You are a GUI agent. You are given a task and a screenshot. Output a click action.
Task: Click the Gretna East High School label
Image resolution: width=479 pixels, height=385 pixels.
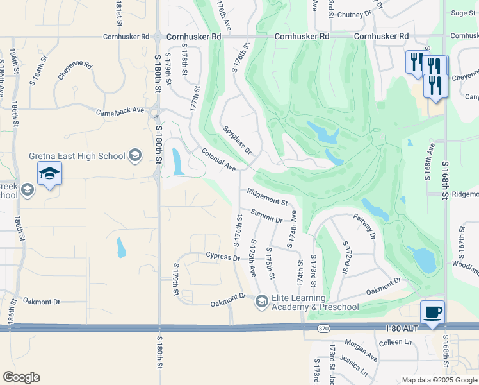(x=77, y=156)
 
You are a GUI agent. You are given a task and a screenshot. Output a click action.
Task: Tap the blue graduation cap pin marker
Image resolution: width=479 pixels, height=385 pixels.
(x=49, y=174)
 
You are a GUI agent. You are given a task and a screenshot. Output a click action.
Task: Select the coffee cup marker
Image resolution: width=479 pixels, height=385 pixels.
(x=432, y=312)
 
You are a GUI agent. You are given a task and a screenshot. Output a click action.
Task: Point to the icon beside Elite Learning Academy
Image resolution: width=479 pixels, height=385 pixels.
(x=261, y=301)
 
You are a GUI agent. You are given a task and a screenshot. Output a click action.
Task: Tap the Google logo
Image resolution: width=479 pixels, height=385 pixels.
(x=21, y=377)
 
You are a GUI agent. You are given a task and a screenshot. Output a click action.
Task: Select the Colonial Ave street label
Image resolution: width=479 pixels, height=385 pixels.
(x=218, y=160)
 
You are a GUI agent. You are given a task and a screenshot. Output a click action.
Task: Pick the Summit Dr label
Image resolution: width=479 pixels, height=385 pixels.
(x=266, y=216)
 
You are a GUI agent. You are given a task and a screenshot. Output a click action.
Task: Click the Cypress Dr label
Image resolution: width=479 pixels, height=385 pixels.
(x=222, y=257)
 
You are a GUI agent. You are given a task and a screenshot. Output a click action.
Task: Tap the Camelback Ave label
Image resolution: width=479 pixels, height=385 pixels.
(x=120, y=110)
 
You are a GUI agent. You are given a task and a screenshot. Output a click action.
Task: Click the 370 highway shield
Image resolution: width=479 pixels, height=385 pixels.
(x=324, y=329)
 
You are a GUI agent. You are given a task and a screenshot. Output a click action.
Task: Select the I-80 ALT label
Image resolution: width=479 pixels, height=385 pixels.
(x=402, y=329)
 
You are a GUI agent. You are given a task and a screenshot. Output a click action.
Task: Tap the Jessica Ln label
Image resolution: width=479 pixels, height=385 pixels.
(x=355, y=367)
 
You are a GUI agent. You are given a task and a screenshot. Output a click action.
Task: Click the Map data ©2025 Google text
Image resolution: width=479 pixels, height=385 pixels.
(x=439, y=380)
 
